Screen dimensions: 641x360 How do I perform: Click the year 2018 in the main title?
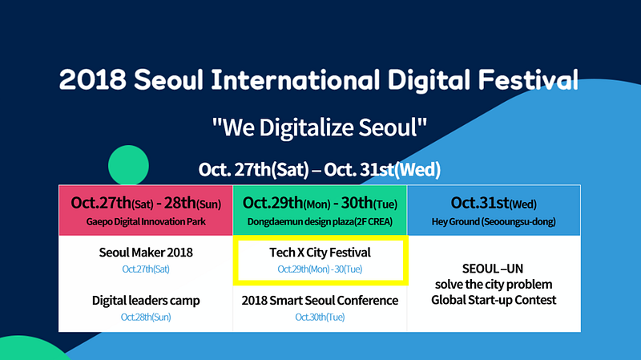point(92,79)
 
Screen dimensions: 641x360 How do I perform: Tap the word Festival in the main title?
point(528,79)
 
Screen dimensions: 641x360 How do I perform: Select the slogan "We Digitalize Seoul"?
point(319,127)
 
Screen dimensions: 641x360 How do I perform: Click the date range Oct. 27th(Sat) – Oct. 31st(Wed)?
point(319,169)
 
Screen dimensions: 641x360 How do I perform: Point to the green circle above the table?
point(128,165)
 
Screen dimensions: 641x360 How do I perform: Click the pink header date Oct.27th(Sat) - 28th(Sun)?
point(146,203)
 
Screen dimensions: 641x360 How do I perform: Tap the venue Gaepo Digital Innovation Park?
point(146,222)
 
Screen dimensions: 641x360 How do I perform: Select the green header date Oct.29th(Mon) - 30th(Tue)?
point(320,203)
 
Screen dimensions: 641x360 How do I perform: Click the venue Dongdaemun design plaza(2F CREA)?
point(320,222)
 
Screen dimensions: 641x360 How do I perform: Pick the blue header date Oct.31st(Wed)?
point(494,203)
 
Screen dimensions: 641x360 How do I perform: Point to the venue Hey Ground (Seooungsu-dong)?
point(494,222)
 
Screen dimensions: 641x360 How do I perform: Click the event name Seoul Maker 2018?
point(146,253)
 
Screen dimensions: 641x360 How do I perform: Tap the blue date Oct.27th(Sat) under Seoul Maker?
point(146,269)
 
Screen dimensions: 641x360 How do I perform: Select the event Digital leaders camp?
point(146,301)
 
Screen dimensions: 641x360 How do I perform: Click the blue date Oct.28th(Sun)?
point(146,317)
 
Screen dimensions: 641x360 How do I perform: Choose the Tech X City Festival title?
point(320,253)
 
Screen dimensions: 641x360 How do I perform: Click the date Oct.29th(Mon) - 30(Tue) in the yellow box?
point(320,269)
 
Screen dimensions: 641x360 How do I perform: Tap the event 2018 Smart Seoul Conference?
point(320,301)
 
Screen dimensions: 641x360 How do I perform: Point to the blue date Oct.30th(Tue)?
point(320,317)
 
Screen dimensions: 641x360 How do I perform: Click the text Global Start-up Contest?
point(494,300)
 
